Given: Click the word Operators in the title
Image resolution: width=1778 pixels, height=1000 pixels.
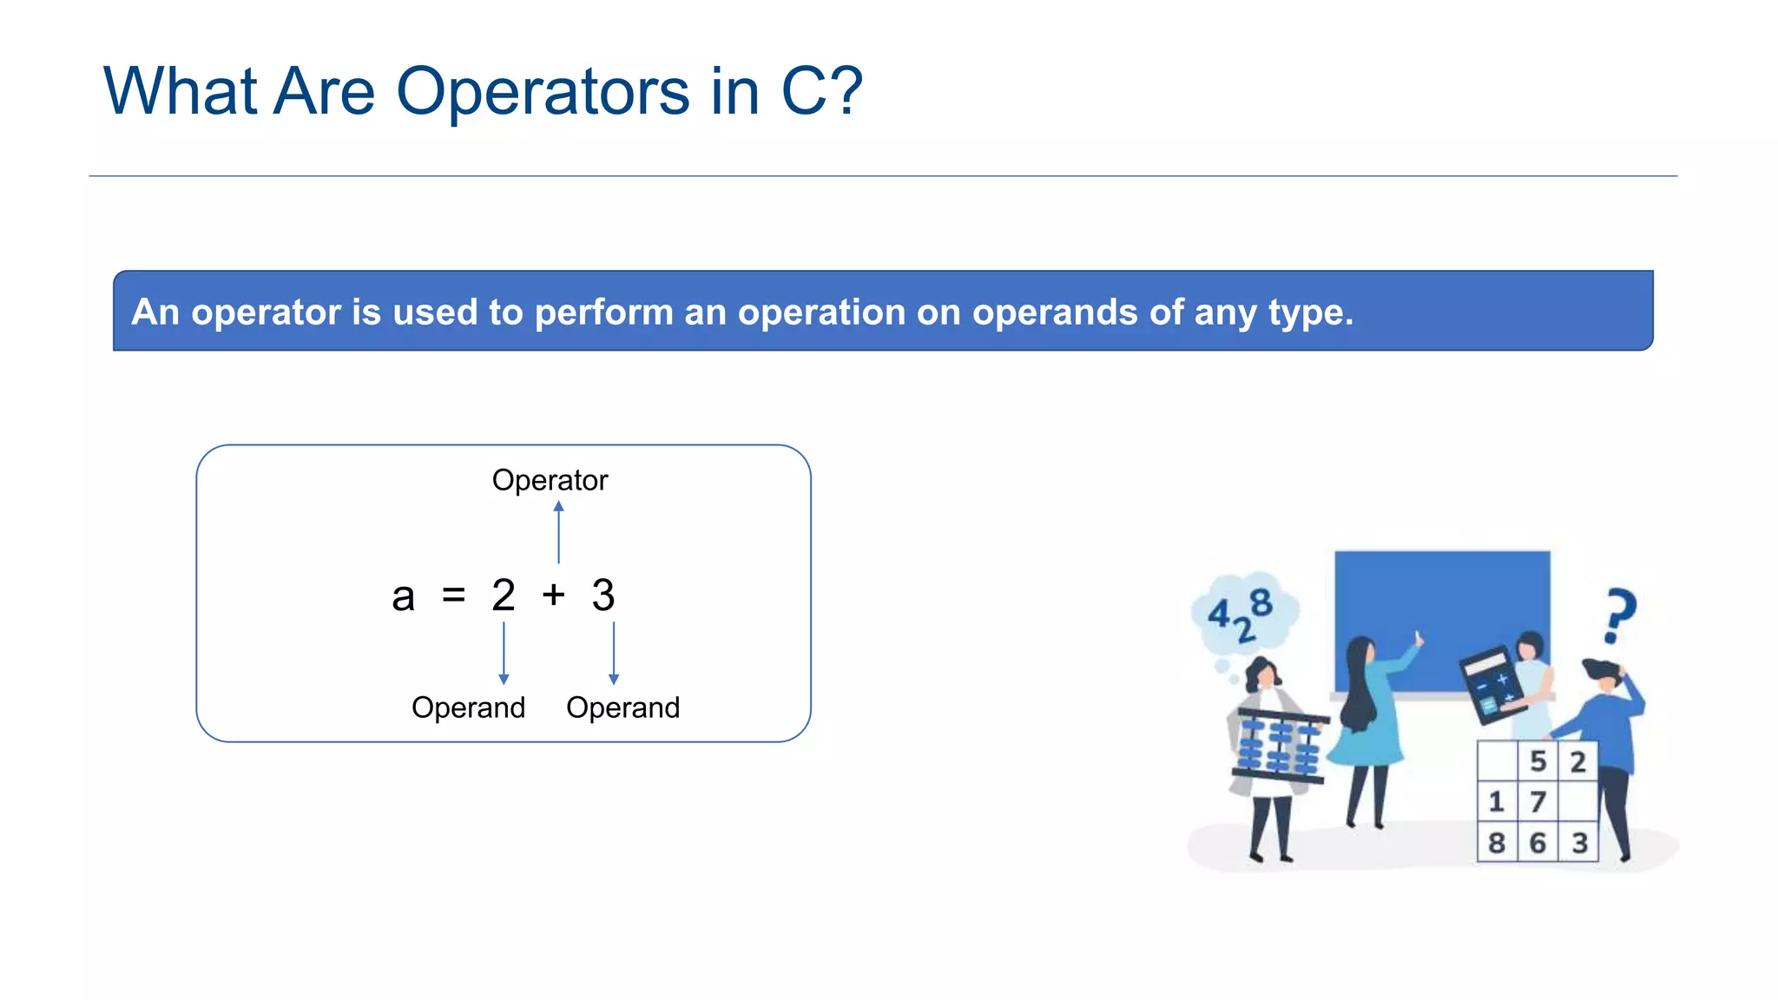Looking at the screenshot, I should [543, 92].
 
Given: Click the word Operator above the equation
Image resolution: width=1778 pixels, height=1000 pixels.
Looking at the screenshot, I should [550, 480].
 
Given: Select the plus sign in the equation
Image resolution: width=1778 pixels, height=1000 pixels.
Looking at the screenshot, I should [553, 595].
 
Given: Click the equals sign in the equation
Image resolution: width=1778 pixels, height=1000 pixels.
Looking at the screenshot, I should [453, 595].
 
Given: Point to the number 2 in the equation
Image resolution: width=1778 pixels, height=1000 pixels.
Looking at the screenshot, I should [504, 595].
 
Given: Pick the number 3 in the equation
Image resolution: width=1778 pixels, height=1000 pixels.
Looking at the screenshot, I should [603, 595].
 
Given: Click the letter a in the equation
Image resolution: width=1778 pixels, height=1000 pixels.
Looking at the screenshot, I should [403, 597].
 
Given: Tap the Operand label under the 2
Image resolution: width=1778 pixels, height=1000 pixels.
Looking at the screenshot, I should [468, 707].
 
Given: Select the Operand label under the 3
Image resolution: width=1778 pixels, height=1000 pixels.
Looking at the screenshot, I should [622, 707].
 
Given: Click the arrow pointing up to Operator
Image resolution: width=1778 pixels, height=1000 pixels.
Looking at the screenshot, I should [558, 532].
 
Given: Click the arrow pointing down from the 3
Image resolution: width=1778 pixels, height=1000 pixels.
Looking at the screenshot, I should [614, 653].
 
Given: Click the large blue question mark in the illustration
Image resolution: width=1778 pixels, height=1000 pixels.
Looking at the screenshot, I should [1618, 615].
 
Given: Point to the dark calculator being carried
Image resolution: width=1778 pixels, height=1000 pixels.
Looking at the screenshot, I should [1491, 685].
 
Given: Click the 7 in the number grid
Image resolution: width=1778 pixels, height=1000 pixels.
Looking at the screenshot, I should [1538, 802].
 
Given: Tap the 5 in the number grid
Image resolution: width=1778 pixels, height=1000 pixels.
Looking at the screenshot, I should [1538, 761].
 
